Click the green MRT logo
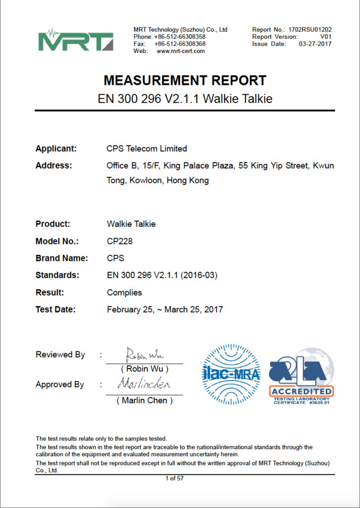coord(76,39)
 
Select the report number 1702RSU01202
coord(310,30)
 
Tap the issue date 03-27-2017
coord(315,44)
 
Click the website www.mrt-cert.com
coord(180,51)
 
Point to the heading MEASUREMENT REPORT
coord(185,80)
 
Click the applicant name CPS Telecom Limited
coord(147,148)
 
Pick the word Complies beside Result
coord(124,292)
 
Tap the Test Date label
coord(56,310)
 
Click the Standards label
coord(57,275)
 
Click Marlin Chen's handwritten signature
coord(144,384)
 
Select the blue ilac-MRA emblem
coord(232,375)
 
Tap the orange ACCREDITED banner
coord(301,391)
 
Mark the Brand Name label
coord(61,258)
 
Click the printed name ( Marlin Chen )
coord(144,400)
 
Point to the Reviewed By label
coord(60,355)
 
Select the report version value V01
coord(325,37)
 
